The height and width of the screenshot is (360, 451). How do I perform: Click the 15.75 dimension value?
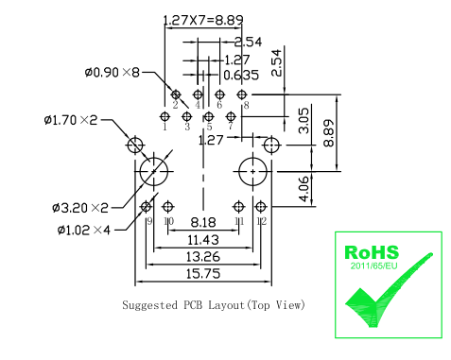point(203,273)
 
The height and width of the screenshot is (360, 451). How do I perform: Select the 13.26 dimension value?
point(203,257)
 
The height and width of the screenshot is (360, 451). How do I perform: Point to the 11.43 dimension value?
point(203,240)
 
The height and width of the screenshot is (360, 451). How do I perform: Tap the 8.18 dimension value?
point(203,222)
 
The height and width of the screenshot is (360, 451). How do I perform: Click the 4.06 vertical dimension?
point(304,189)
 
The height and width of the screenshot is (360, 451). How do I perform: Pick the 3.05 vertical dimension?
point(304,121)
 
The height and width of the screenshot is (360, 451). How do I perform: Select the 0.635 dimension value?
point(241,75)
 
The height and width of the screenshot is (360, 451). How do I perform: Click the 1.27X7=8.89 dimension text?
point(203,20)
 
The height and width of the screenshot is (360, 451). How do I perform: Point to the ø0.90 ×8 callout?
point(112,73)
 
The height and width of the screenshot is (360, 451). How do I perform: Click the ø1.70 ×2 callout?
point(71,120)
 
